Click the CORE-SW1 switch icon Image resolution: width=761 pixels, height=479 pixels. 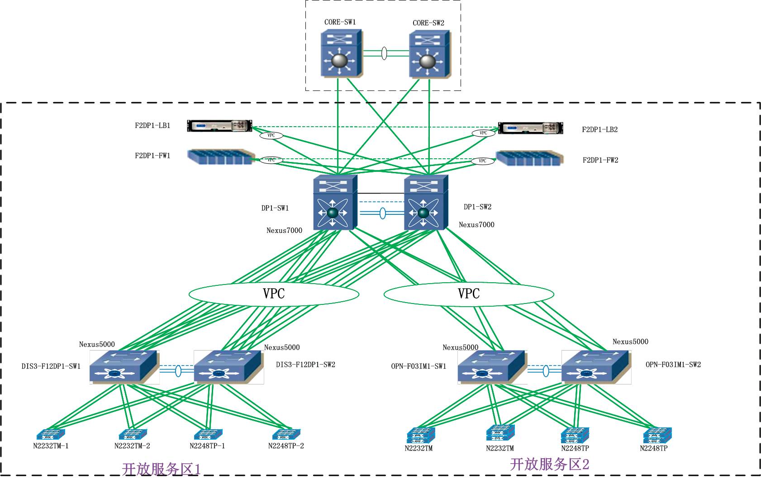click(341, 54)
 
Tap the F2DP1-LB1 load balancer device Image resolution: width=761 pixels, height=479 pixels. click(219, 126)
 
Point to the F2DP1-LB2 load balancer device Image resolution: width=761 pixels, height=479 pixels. click(531, 128)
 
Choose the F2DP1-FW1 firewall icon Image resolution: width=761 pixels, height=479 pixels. click(221, 157)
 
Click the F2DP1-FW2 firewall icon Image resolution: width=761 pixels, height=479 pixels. click(529, 158)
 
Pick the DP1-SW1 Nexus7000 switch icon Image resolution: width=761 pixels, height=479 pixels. click(335, 203)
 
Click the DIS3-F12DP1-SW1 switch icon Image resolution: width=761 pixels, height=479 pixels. click(124, 367)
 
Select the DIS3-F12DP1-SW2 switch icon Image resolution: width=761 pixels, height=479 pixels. click(228, 367)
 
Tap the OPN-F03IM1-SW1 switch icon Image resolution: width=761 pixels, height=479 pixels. click(491, 367)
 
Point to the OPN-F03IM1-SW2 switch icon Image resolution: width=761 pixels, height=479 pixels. click(596, 367)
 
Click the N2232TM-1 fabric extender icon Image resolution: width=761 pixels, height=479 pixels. click(51, 435)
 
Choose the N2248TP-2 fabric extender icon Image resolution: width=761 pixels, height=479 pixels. click(286, 435)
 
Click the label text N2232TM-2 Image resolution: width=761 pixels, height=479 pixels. click(132, 446)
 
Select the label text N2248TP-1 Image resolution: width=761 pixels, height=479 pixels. click(207, 446)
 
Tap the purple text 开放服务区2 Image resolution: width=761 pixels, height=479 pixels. click(550, 465)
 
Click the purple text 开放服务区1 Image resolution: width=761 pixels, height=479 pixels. click(161, 469)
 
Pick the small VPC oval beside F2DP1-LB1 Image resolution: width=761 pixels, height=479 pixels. click(271, 135)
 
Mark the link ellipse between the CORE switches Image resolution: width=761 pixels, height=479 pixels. click(385, 53)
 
